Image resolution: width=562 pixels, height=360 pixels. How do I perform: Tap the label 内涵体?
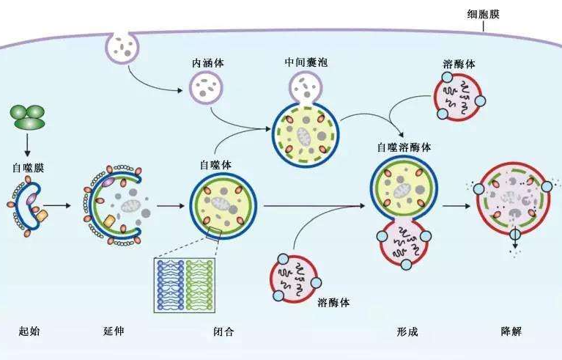click(x=208, y=63)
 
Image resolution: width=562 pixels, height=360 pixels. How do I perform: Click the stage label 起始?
click(x=29, y=331)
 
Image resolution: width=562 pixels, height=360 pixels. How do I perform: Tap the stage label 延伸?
click(x=114, y=331)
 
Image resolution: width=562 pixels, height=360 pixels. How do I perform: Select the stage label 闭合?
click(x=223, y=331)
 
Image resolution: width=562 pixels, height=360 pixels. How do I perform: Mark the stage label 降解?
click(x=511, y=331)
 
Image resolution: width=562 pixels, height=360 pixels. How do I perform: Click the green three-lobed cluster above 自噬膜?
click(x=28, y=117)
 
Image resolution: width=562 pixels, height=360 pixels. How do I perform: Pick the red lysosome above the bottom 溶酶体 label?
click(x=297, y=276)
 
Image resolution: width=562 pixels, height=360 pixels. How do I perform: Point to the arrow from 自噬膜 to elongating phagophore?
click(x=65, y=207)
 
